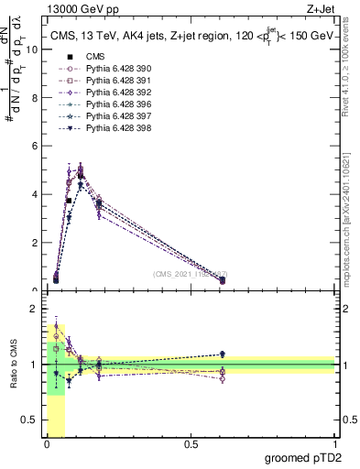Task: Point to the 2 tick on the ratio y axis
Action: pyautogui.click(x=34, y=308)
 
